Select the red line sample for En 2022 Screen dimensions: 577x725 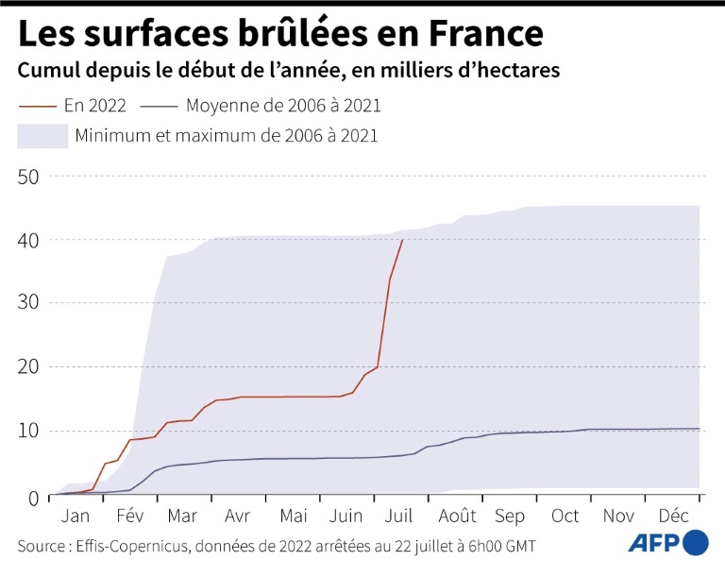point(37,106)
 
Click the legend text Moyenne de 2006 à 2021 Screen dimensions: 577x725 point(283,106)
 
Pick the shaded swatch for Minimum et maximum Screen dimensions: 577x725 point(42,135)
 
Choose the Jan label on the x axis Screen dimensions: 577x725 point(75,517)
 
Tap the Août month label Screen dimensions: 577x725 point(457,517)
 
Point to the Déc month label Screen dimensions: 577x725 point(673,517)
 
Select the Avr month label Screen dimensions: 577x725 point(237,517)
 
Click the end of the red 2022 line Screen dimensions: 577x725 point(403,240)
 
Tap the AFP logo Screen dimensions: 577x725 point(666,544)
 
